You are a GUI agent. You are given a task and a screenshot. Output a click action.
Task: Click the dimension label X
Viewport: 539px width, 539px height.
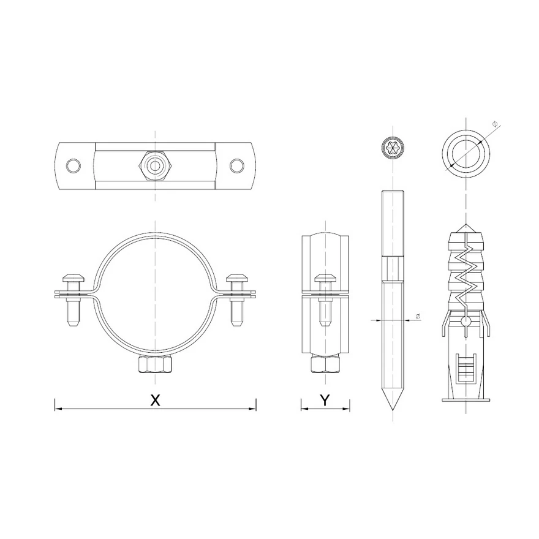(156, 400)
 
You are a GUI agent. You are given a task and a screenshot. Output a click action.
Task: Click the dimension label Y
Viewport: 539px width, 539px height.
(325, 400)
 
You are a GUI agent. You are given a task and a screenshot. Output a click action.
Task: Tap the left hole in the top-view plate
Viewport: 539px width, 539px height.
(74, 166)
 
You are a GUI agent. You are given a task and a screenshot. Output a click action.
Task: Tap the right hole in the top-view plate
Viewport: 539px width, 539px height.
(237, 166)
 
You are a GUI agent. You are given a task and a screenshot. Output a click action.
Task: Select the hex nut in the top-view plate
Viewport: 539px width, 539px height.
(156, 166)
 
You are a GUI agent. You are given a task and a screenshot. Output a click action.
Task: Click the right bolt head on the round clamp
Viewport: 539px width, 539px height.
(236, 277)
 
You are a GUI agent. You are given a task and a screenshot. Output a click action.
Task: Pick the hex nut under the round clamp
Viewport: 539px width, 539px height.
(155, 364)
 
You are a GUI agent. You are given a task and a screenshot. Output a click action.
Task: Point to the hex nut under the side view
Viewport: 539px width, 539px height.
(325, 364)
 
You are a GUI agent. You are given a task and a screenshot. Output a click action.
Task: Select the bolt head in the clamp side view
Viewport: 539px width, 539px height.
(325, 277)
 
